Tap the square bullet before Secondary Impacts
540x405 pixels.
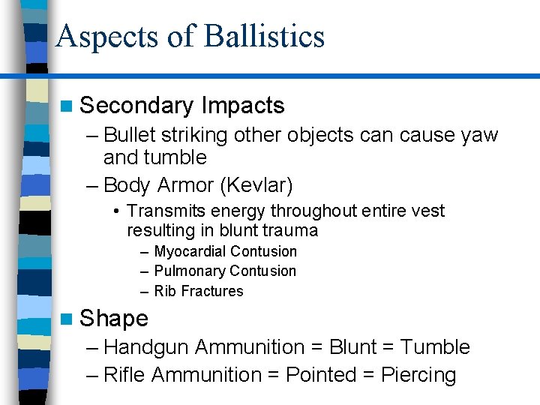click(x=68, y=106)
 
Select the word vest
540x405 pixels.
click(x=427, y=211)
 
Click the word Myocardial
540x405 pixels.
click(x=190, y=252)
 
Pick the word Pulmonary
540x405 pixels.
click(x=190, y=271)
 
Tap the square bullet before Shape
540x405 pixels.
click(x=68, y=319)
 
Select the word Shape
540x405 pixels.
click(x=114, y=319)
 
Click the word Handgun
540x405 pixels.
click(x=147, y=347)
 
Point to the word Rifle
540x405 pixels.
click(x=124, y=375)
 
